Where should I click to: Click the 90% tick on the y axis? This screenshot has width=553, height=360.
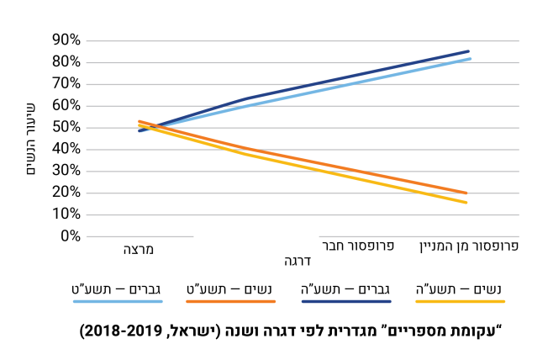(65, 40)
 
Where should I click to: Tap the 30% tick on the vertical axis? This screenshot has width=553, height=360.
(65, 171)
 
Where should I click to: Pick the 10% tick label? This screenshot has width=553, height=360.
(65, 214)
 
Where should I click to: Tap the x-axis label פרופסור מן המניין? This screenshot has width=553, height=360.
(468, 246)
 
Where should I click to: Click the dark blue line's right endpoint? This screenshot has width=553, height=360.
(468, 51)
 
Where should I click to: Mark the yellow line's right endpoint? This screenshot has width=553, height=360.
(466, 203)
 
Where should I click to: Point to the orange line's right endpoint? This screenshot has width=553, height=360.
(466, 193)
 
